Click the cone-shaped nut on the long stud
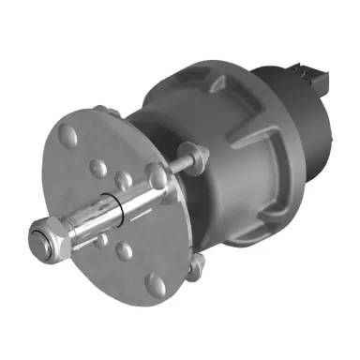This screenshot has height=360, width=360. click(191, 154)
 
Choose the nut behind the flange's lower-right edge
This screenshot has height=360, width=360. click(194, 269)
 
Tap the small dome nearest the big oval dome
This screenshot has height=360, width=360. click(97, 169)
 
